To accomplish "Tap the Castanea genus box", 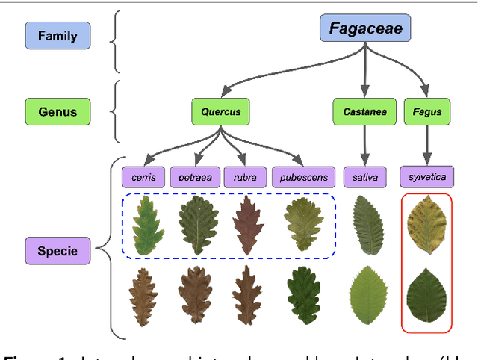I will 364,112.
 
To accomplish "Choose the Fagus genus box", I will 427,112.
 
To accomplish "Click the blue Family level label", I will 57,35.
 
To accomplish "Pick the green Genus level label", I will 57,112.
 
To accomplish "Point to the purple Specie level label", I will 57,251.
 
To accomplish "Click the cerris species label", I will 143,178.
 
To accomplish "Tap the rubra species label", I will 245,178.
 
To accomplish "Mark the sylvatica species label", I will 427,178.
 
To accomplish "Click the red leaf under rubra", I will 245,225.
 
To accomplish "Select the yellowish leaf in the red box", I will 427,225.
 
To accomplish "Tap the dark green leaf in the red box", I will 427,296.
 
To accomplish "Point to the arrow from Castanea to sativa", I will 364,146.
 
